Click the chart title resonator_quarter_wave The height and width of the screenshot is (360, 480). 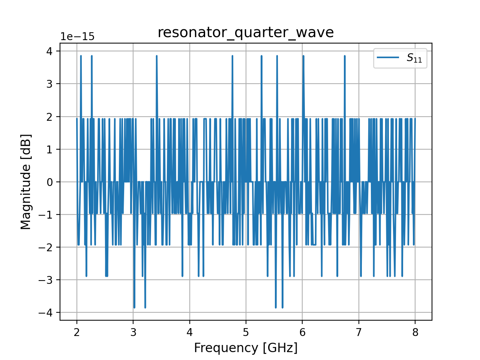pos(246,33)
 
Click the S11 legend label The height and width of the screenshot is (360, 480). pos(414,58)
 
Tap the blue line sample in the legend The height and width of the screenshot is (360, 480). pos(388,57)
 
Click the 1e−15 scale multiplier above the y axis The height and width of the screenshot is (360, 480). pos(78,37)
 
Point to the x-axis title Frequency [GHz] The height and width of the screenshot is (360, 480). pos(246,348)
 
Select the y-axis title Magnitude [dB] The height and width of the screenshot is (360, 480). pos(25,181)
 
